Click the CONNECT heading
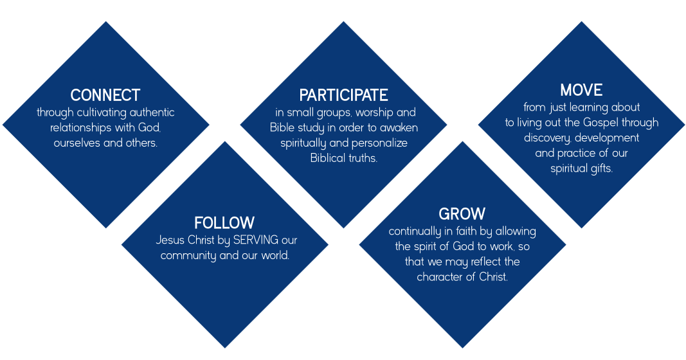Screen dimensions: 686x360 coord(105,95)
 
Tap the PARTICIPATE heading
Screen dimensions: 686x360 coord(343,95)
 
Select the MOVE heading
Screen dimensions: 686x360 coord(581,89)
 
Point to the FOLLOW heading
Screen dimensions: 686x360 coord(224,222)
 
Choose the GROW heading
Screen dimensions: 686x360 coord(462,214)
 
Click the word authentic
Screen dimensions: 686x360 coord(152,113)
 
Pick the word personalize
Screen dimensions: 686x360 coord(380,143)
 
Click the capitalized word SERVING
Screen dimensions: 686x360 coord(256,240)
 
